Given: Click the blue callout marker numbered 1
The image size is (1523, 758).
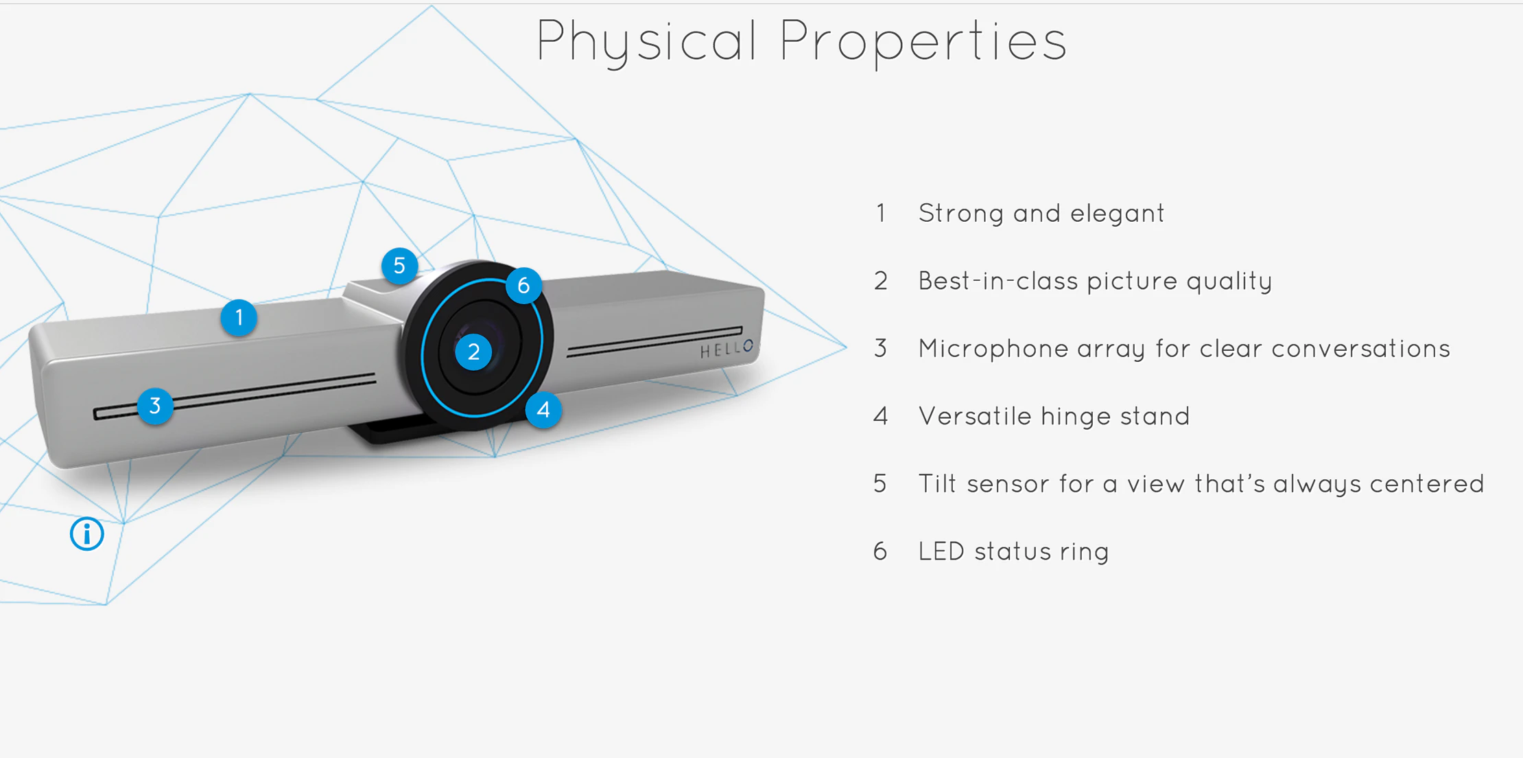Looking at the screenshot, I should (239, 318).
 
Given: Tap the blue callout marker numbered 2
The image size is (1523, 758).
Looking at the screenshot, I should (473, 352).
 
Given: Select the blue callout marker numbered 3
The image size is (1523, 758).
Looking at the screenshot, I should (155, 406).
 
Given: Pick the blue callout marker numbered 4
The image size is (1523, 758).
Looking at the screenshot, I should (543, 410).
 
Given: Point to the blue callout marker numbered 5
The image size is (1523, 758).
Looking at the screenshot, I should (399, 266).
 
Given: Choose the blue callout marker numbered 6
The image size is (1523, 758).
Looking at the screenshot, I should (523, 285).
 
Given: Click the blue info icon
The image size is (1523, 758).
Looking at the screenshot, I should (87, 533).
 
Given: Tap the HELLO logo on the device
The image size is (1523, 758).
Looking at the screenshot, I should (727, 349).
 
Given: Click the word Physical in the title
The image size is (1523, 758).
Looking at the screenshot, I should (647, 41).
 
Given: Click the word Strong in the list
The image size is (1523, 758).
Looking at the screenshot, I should (961, 214).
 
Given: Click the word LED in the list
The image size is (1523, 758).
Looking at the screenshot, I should (941, 551).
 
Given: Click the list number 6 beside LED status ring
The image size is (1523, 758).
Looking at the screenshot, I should (880, 551).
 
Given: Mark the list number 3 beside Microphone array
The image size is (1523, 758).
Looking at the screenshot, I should (880, 349).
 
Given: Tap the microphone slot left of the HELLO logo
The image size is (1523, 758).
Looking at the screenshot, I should (652, 341).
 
